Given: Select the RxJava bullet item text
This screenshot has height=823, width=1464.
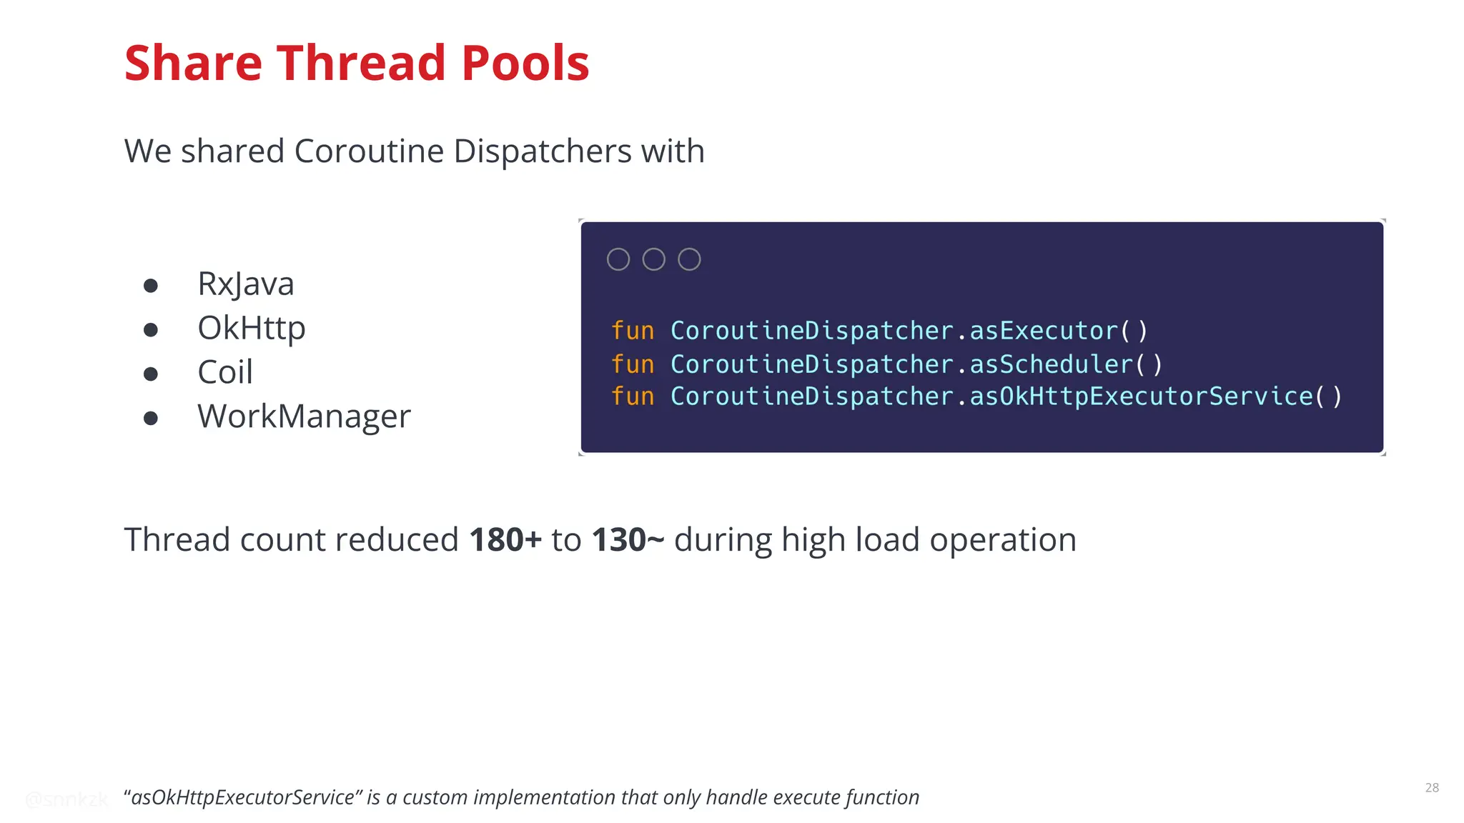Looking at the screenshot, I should (x=245, y=284).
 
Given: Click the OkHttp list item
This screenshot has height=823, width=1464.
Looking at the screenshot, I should (x=251, y=328).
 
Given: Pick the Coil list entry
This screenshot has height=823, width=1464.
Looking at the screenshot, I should (x=224, y=372).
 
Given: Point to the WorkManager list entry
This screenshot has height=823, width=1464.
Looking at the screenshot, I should (x=304, y=417).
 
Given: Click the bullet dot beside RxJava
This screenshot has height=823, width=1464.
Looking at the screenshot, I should (x=150, y=286).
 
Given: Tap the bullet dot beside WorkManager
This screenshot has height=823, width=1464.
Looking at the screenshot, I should (x=150, y=418).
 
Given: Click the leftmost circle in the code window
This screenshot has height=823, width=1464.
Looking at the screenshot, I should (x=618, y=259).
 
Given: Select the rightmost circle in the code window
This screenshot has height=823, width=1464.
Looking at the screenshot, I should (x=689, y=259).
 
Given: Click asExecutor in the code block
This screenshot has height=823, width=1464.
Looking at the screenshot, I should (x=1044, y=331).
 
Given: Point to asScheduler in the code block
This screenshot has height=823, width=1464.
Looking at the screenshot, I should (x=1051, y=364).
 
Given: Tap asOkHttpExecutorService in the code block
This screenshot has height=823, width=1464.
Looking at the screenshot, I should (x=1141, y=396).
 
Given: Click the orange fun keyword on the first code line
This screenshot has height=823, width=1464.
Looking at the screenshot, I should (x=633, y=331).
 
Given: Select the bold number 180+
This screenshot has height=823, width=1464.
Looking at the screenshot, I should (x=505, y=539).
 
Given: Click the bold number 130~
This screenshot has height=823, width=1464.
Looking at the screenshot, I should (x=628, y=539).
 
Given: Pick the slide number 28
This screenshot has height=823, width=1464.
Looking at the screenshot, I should (x=1432, y=787).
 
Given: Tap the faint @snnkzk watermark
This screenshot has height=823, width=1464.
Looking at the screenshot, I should (x=66, y=799).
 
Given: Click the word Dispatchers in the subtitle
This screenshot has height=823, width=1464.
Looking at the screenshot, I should (x=542, y=151).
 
